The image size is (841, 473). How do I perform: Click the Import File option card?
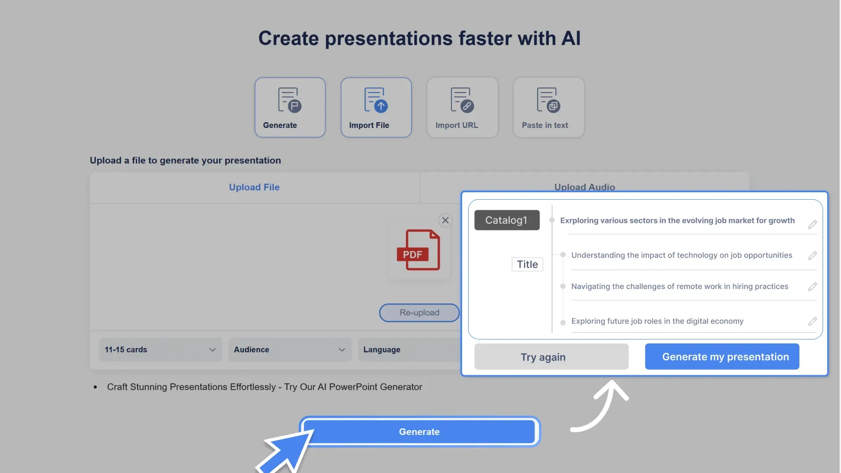coord(376,107)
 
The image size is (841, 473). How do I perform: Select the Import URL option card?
coord(462,107)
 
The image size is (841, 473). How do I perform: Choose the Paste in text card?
coord(548,107)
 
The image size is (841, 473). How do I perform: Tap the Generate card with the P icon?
coord(290,107)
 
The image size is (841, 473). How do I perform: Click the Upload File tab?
coord(254,187)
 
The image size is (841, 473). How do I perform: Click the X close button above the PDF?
coord(445,220)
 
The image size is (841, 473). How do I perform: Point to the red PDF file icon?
coord(418,250)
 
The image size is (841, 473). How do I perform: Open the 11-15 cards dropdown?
coord(160,349)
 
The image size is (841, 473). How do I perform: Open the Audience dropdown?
coord(290,349)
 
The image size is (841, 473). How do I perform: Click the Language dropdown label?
coord(382,349)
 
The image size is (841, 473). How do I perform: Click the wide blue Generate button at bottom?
coord(419,432)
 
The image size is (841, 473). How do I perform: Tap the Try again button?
coord(551,357)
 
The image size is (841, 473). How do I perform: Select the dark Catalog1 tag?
coord(507,220)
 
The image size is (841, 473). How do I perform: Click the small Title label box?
coord(527,265)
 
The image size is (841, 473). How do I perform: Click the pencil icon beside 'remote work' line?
coord(813,287)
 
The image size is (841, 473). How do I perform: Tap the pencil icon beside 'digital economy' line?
coord(813,321)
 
